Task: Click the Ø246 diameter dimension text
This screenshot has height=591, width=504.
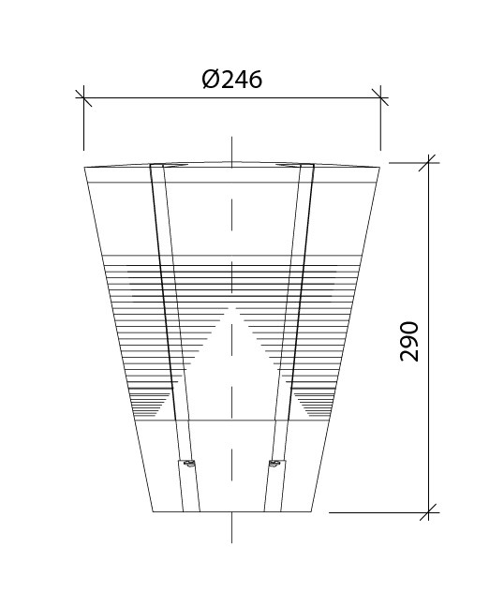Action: point(231,80)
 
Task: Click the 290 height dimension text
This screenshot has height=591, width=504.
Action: point(409,342)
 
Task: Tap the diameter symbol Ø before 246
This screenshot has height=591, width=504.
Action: point(211,80)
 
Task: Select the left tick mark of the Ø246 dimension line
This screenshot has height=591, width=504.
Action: point(83,98)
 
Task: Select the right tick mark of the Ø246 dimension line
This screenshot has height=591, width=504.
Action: point(380,97)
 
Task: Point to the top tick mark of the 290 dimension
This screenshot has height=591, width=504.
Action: point(429,163)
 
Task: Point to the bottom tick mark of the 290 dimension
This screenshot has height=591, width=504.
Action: point(429,512)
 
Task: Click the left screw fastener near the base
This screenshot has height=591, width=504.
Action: point(188,463)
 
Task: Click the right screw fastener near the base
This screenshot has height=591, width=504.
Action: point(274,463)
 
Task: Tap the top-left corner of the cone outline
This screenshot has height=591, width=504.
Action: point(84,167)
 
